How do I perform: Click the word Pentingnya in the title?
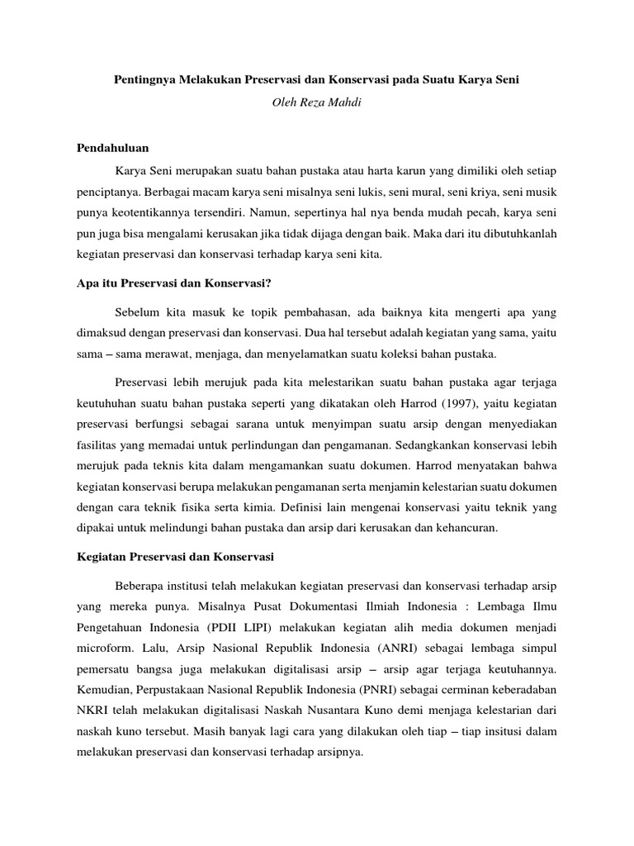pyautogui.click(x=142, y=82)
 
